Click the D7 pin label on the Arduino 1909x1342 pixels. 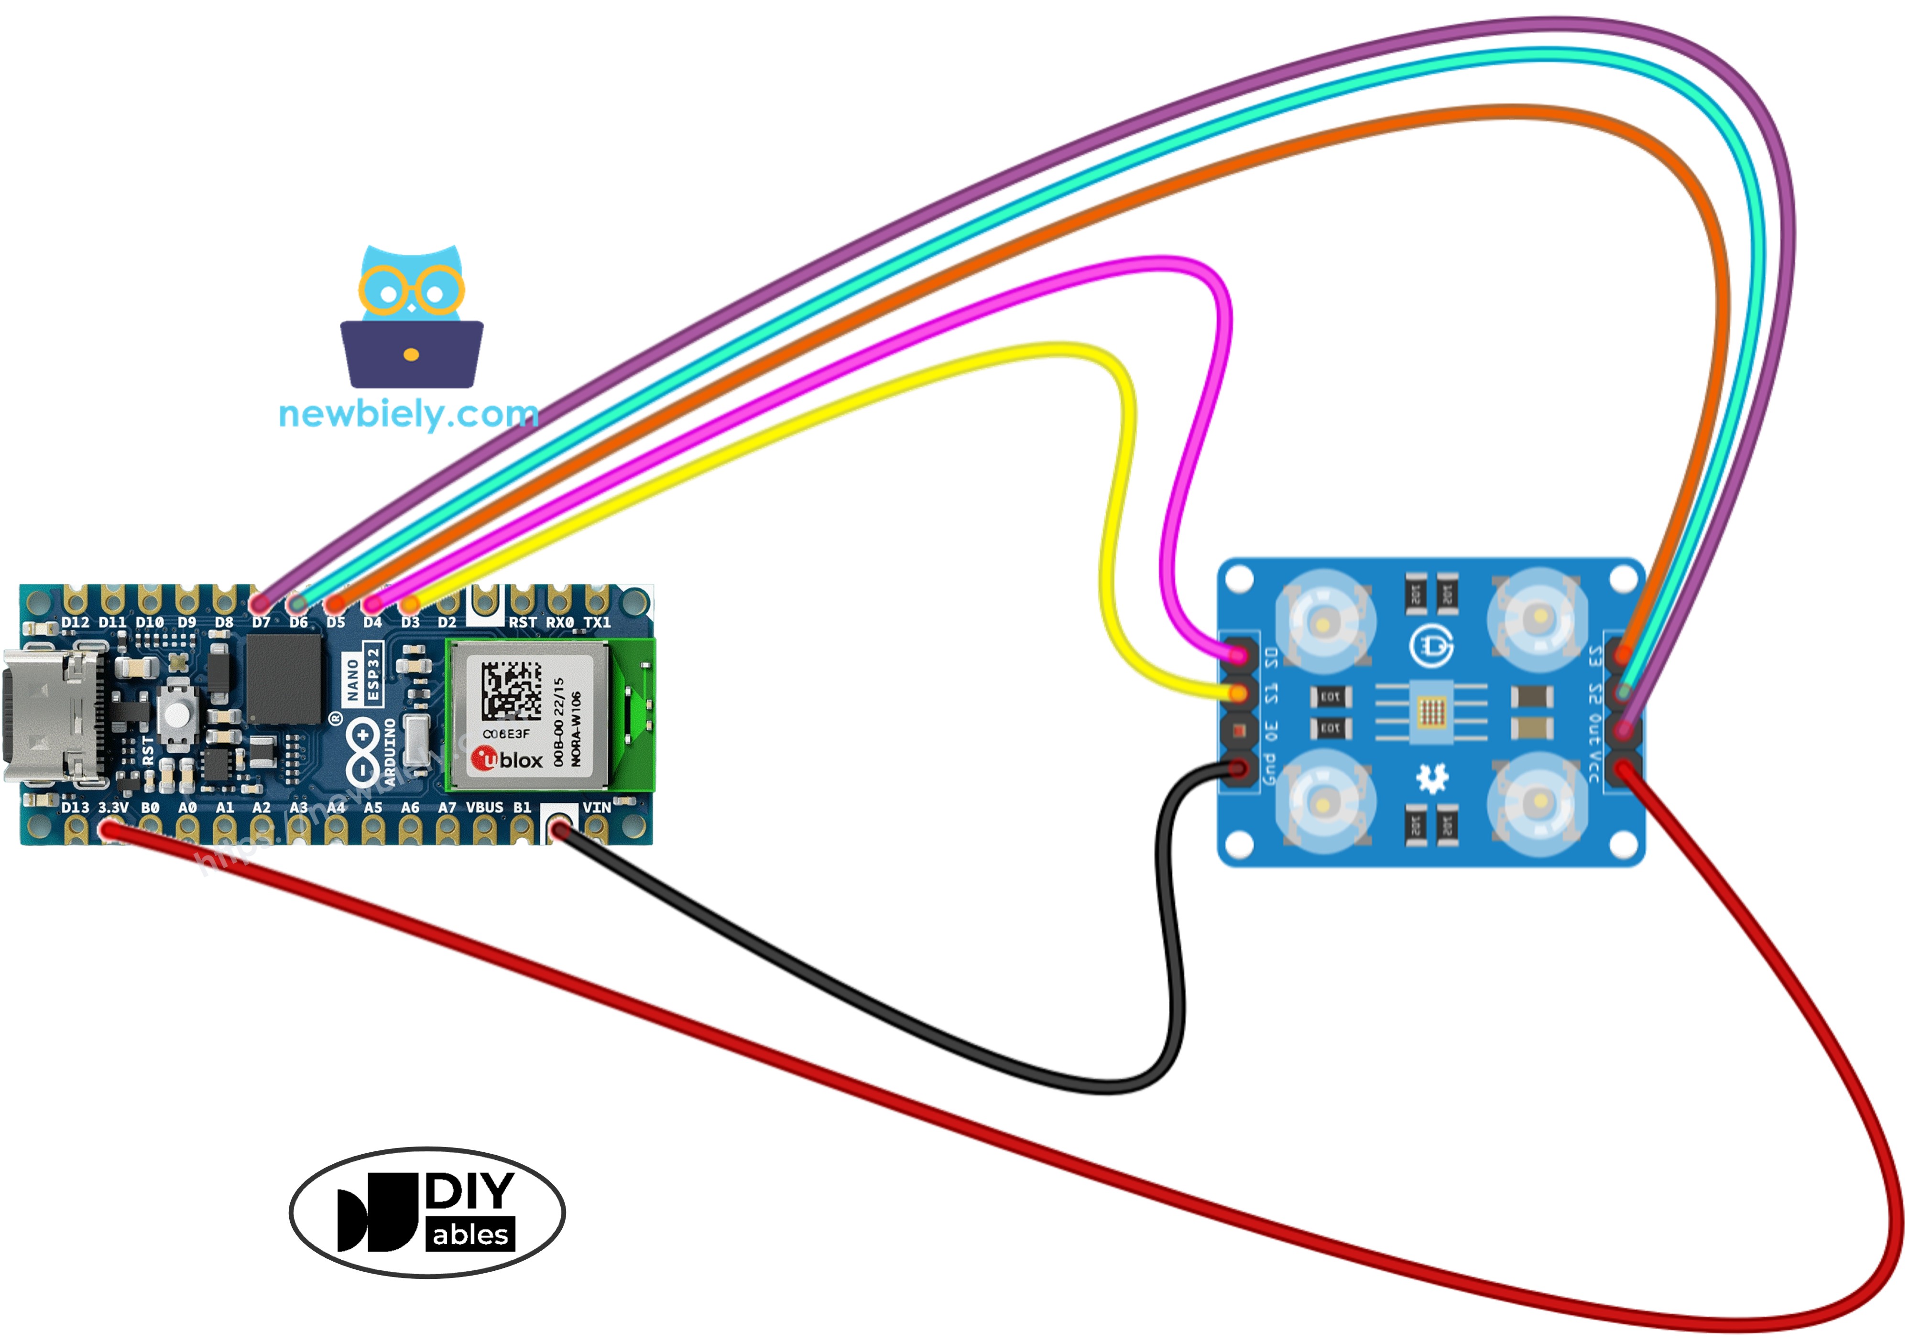click(x=261, y=622)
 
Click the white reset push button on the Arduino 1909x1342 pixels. click(x=176, y=714)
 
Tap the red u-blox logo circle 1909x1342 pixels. click(x=484, y=758)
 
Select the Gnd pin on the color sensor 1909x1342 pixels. click(x=1239, y=768)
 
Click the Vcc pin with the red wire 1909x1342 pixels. click(x=1624, y=768)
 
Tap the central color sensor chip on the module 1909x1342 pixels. click(x=1431, y=711)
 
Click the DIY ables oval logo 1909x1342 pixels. click(x=427, y=1212)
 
